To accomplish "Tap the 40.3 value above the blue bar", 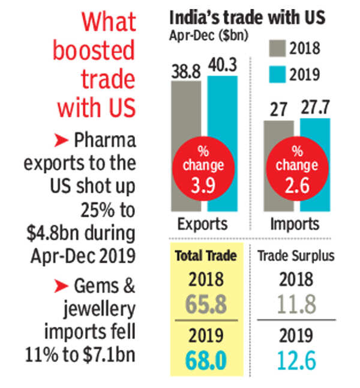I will (x=223, y=64).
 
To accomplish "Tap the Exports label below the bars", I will (x=203, y=225).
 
